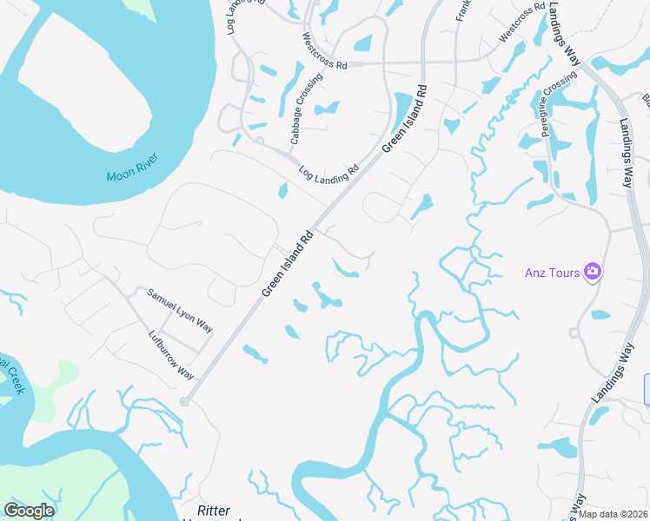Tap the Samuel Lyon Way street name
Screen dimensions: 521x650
(x=180, y=311)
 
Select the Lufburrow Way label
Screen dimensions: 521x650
(x=170, y=355)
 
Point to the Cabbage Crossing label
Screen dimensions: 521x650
(x=306, y=109)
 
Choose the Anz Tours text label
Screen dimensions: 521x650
(x=552, y=273)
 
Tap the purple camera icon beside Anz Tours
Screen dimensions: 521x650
(x=593, y=272)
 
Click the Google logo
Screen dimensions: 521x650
(x=29, y=511)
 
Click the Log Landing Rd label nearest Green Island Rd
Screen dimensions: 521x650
(x=328, y=174)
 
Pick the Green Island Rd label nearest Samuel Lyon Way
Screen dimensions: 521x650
(x=287, y=263)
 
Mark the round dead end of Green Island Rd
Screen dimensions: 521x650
(x=183, y=402)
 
